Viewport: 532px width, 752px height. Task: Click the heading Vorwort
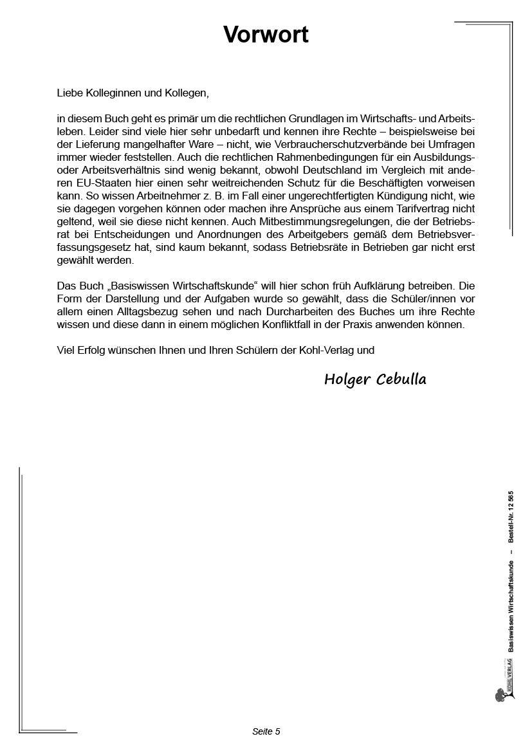point(266,35)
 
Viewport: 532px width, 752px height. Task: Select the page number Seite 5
point(266,731)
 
